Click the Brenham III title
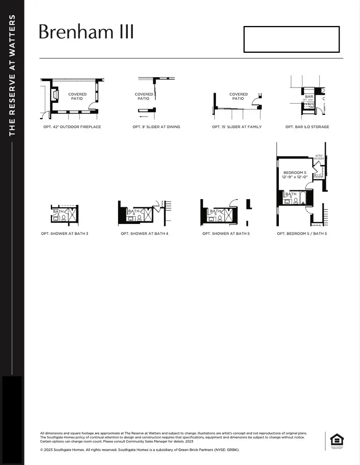tap(86, 32)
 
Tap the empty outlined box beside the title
tap(292, 39)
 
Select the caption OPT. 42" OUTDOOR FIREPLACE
tap(72, 127)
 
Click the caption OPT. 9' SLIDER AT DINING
tap(156, 127)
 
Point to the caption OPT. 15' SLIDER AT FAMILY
tap(237, 127)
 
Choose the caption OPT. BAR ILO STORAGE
tap(307, 127)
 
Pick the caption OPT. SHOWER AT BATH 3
tap(64, 233)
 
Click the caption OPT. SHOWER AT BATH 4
tap(144, 233)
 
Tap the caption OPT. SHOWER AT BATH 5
tap(226, 233)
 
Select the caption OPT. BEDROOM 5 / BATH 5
tap(302, 233)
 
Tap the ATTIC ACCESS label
tap(319, 157)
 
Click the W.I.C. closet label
tap(318, 175)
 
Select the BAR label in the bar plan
tap(309, 97)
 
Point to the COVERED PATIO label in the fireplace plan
tap(77, 96)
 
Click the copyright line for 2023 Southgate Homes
tap(140, 450)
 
